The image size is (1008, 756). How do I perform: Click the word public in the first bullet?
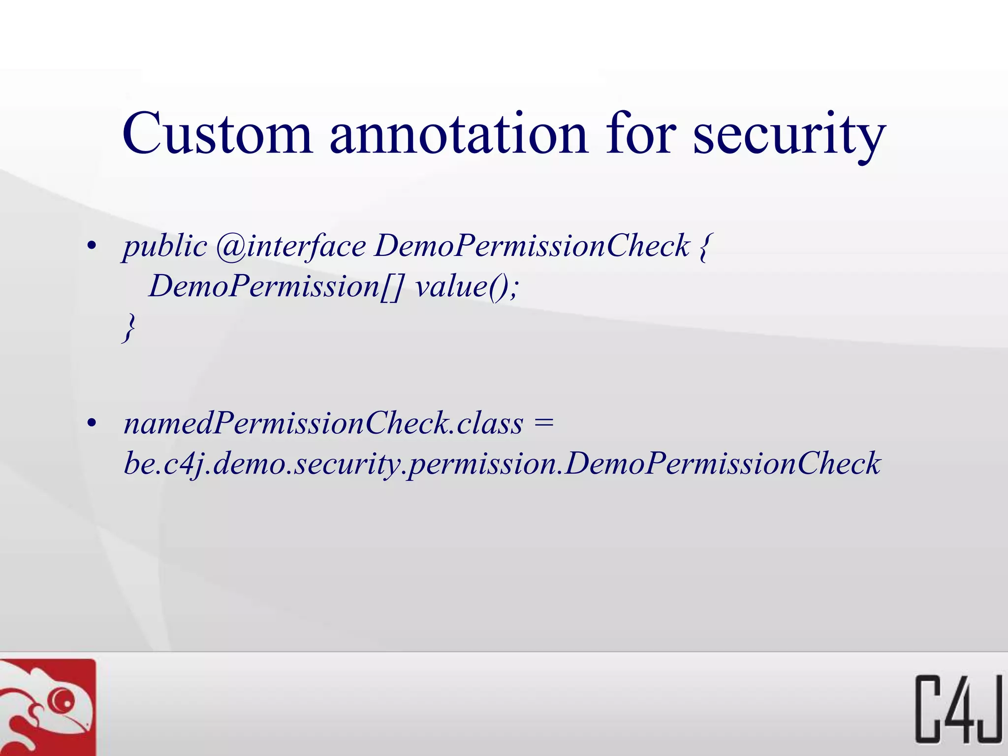pos(165,246)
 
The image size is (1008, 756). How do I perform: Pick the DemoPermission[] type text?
pos(276,286)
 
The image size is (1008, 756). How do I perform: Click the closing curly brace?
pos(129,327)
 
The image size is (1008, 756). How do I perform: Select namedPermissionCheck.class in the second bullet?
pos(323,423)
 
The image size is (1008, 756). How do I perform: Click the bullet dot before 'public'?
pos(91,246)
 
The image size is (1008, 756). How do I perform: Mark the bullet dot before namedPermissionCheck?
pos(91,423)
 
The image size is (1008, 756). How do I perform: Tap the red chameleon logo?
pos(47,707)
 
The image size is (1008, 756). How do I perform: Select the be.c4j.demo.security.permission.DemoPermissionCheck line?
pos(502,464)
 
